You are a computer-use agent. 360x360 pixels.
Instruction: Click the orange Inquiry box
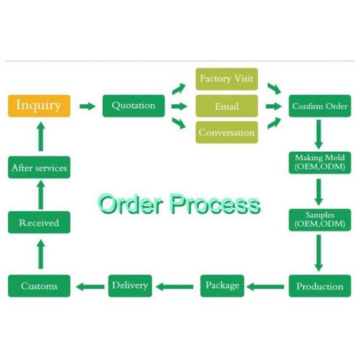(39, 106)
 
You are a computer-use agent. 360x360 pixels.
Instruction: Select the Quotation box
(133, 106)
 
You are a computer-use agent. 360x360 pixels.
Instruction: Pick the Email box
(227, 106)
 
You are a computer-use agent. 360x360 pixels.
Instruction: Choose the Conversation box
(227, 133)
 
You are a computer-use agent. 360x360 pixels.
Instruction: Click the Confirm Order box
(320, 106)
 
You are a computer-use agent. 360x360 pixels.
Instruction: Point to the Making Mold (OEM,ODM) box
(320, 162)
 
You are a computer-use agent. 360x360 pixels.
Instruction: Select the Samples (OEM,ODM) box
(320, 220)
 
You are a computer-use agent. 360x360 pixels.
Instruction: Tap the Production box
(320, 286)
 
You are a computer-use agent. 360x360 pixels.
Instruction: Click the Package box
(222, 285)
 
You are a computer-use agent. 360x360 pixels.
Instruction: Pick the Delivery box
(130, 285)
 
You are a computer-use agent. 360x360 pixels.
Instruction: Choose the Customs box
(39, 286)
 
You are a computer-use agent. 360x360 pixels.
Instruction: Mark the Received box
(39, 223)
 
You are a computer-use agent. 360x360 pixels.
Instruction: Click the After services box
(39, 167)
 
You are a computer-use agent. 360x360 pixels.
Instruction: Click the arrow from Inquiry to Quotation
(88, 106)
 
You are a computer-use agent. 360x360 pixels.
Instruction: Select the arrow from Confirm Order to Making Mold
(319, 133)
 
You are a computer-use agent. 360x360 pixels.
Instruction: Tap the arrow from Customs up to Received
(40, 254)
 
